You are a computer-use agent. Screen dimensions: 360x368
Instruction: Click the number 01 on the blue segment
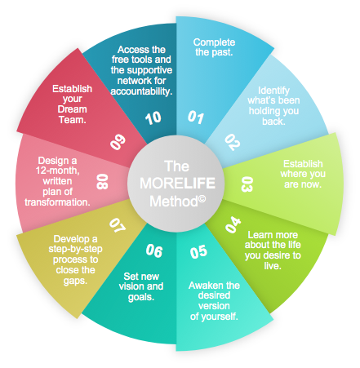click(x=196, y=117)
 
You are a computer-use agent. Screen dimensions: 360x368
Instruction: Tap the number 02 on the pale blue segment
click(x=232, y=142)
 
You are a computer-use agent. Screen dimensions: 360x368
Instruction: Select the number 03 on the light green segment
click(x=247, y=184)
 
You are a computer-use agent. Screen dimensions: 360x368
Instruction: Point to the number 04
click(x=233, y=224)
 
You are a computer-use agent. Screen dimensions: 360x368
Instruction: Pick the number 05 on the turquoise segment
click(x=198, y=252)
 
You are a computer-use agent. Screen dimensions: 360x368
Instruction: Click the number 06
click(x=154, y=251)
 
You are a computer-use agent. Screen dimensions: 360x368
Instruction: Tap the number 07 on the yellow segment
click(x=118, y=225)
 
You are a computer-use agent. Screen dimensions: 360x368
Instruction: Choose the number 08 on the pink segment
click(x=102, y=182)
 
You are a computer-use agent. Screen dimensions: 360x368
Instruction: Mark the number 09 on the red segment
click(x=118, y=142)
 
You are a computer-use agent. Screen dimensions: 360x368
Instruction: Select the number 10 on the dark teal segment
click(x=153, y=118)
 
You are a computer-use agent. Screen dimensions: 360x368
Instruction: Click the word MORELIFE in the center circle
click(x=177, y=184)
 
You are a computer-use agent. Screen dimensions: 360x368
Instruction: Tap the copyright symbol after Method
click(x=202, y=199)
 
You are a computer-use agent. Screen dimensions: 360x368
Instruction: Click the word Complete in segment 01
click(x=214, y=42)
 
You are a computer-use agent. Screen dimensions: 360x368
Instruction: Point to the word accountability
click(x=141, y=91)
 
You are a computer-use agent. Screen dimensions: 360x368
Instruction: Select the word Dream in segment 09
click(x=73, y=109)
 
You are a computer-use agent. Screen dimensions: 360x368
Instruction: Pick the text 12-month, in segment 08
click(x=58, y=171)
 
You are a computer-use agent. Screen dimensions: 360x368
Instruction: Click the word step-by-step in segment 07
click(x=75, y=249)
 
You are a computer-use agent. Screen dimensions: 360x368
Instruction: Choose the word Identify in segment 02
click(x=273, y=91)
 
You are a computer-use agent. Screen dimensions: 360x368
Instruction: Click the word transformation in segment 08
click(x=57, y=202)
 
